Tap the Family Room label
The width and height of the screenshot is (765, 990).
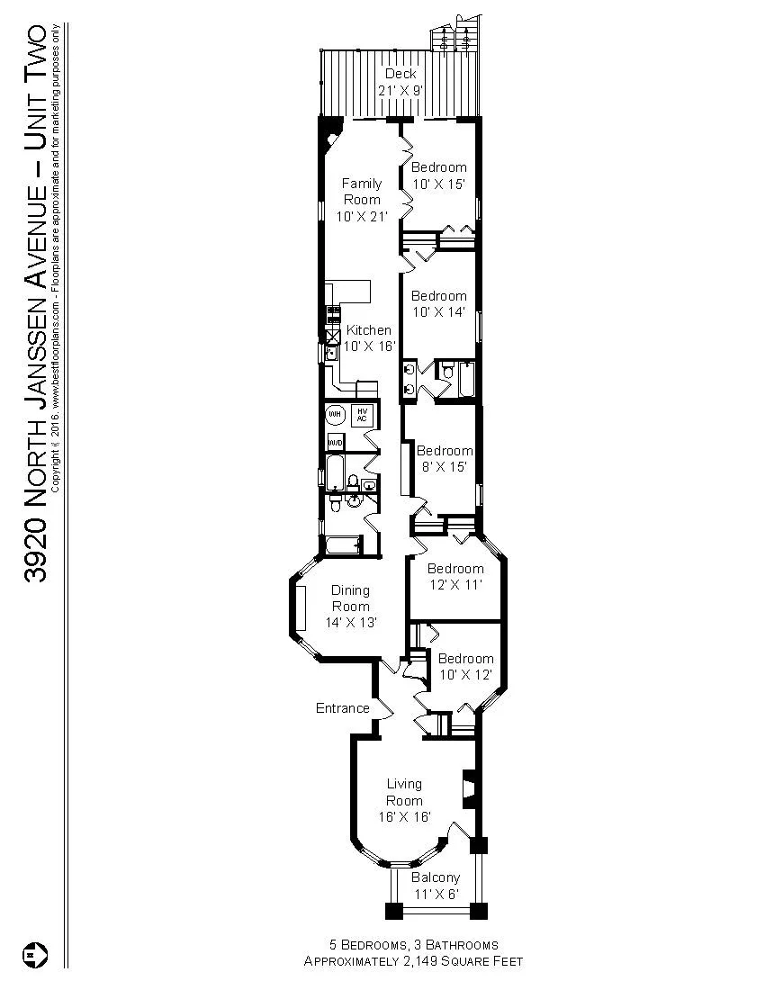coord(361,199)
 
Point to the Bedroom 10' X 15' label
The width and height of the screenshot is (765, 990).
coord(439,175)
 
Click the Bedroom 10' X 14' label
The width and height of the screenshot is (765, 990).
coord(439,303)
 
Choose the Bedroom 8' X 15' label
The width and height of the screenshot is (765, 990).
coord(445,458)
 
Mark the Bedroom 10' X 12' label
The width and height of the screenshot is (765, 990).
coord(465,666)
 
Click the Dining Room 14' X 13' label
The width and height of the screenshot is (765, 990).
coord(350,606)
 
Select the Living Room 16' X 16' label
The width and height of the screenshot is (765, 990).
coord(404,800)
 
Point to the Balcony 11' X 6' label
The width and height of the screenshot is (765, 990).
coord(436,886)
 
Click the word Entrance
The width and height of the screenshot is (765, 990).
coord(342,708)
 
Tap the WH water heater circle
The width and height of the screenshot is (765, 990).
coord(335,414)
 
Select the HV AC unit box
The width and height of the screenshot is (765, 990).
coord(362,414)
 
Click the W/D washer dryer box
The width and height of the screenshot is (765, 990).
coord(335,443)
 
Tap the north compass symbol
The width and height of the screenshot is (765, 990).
coord(37,953)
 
